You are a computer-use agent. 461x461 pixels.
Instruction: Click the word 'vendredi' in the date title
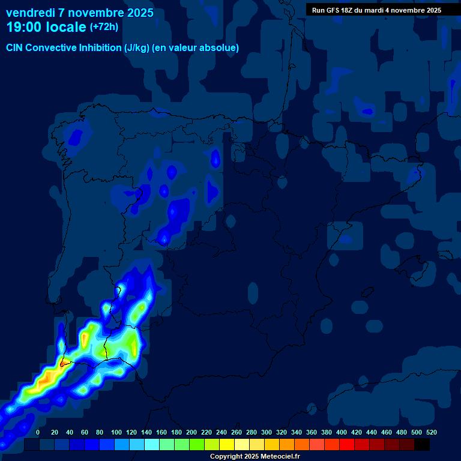(31, 13)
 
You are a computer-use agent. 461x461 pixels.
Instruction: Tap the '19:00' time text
(25, 27)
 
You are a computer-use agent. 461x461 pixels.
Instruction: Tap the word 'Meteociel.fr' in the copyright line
(280, 457)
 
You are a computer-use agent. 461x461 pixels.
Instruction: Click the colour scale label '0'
(38, 432)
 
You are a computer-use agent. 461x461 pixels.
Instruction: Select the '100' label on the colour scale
(116, 432)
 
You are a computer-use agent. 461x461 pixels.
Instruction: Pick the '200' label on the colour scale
(191, 432)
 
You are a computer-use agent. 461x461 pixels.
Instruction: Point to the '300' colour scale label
(267, 432)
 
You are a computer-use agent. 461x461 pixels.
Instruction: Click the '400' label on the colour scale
(342, 432)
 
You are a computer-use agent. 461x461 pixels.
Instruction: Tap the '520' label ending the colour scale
(431, 432)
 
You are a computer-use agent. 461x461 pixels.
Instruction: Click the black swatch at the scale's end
(422, 444)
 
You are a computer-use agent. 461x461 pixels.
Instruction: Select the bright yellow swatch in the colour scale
(227, 444)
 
